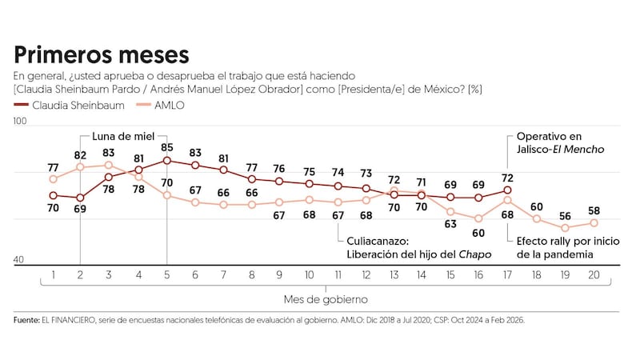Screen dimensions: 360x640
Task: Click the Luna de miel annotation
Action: [x=123, y=135]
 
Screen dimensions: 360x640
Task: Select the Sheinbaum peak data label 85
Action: [x=166, y=147]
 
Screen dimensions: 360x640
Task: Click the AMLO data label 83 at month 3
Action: [x=109, y=152]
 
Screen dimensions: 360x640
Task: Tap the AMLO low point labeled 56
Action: [x=566, y=215]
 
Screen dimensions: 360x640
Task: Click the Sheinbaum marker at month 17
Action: [x=508, y=190]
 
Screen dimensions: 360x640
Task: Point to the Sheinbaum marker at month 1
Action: [x=52, y=195]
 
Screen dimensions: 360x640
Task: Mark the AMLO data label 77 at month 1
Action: [x=52, y=167]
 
